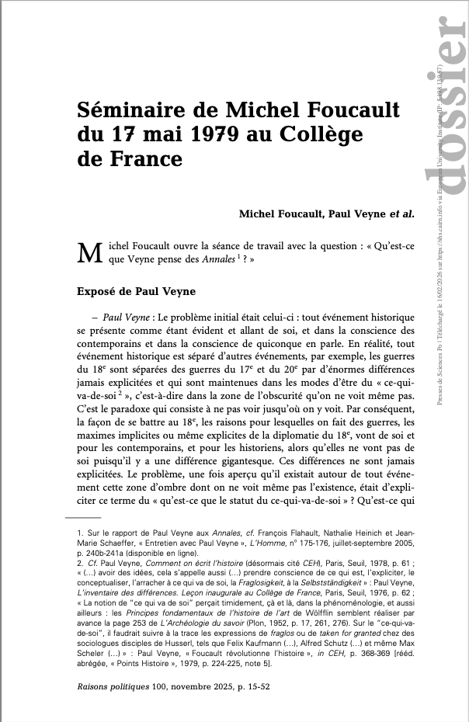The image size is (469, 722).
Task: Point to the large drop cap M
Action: pos(91,252)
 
